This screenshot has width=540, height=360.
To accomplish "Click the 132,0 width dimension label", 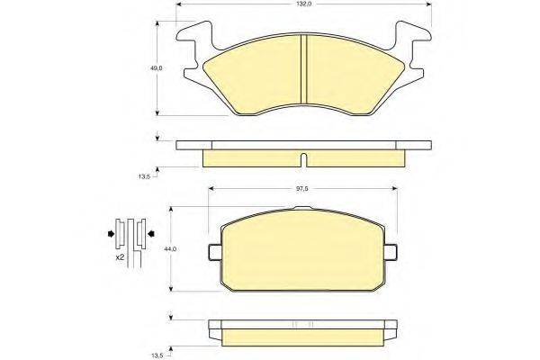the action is (304, 4).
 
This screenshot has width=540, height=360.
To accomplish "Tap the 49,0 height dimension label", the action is (156, 68).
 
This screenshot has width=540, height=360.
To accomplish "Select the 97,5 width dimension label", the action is (302, 188).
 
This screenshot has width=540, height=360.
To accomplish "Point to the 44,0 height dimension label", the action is (170, 249).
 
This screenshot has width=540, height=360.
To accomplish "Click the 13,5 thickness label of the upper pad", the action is (144, 176).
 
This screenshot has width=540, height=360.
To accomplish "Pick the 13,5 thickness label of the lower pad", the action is (157, 355).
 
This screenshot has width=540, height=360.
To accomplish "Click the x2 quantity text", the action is (120, 257).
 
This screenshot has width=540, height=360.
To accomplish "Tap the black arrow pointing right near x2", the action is (111, 234).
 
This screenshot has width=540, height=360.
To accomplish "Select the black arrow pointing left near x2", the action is (151, 234).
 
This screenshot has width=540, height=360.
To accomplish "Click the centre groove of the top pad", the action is (304, 69).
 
